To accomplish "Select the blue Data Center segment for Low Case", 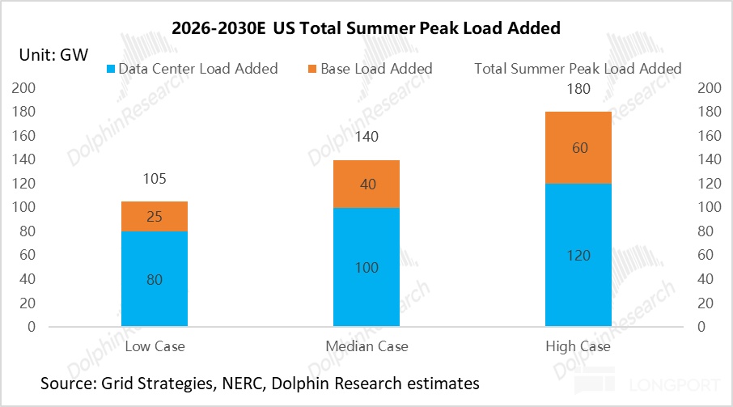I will (155, 279).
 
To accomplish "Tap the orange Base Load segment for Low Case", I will (155, 216).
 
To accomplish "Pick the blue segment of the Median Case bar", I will (366, 267).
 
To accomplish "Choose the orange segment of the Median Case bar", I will (366, 184).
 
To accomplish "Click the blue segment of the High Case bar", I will (578, 255).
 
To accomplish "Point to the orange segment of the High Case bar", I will (578, 147).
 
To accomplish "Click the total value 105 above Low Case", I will (155, 179).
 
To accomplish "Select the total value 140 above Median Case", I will (366, 138).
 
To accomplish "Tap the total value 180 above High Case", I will (578, 89).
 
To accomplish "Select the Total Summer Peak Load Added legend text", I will (578, 69).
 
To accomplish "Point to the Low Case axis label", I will (155, 346).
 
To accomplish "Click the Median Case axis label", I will (366, 346).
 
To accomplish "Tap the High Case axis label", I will (578, 346).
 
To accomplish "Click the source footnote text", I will (260, 383).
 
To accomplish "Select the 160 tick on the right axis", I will (709, 136).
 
